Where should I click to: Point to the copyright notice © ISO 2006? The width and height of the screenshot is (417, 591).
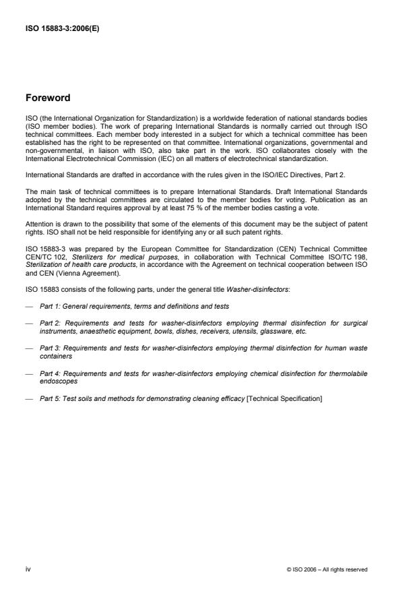pyautogui.click(x=327, y=569)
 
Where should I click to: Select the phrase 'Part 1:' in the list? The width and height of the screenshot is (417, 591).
pyautogui.click(x=51, y=307)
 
